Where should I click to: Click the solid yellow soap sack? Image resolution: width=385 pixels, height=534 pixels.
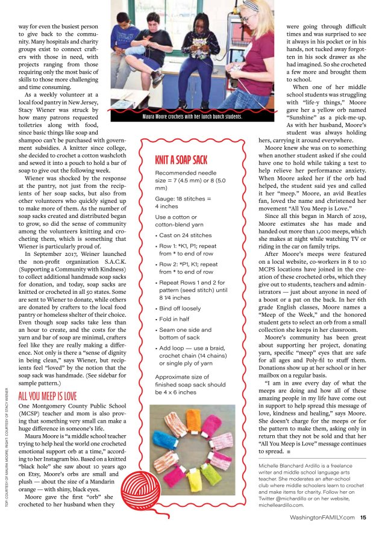coord(194,480)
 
